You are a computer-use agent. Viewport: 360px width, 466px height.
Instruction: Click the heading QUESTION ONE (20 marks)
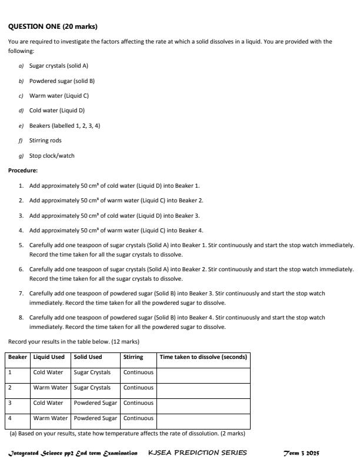(x=53, y=26)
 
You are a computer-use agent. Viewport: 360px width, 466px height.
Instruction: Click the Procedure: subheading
(x=23, y=171)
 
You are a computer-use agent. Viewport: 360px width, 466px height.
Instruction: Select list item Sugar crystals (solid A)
(x=58, y=66)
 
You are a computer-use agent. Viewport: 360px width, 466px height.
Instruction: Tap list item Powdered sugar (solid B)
(x=62, y=81)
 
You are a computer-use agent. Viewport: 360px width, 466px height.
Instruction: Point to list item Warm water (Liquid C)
(x=59, y=95)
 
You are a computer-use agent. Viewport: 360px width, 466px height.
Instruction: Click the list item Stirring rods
(x=45, y=141)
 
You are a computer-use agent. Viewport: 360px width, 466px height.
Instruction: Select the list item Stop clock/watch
(x=52, y=156)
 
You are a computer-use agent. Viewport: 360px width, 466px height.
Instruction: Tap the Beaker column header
(x=18, y=357)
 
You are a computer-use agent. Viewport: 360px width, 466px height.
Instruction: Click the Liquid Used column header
(x=49, y=357)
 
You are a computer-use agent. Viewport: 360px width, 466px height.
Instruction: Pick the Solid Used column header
(x=88, y=357)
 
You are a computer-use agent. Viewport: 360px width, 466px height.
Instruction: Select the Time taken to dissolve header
(x=204, y=357)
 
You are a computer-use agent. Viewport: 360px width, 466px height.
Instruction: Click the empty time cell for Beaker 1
(x=204, y=372)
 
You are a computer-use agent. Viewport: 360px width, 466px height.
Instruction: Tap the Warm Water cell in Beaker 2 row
(x=51, y=388)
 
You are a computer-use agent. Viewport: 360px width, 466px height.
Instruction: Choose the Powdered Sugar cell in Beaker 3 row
(x=95, y=403)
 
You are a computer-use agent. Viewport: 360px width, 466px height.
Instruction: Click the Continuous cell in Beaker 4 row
(x=138, y=419)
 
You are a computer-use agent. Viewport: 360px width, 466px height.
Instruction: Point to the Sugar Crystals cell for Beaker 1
(x=92, y=372)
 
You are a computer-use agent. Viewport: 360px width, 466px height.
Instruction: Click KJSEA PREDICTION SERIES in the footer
(x=198, y=453)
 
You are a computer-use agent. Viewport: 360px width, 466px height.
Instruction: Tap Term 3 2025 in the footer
(x=301, y=453)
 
